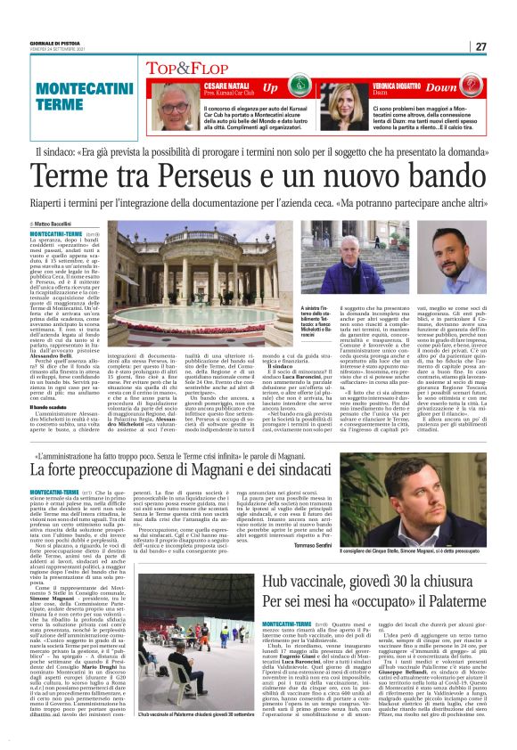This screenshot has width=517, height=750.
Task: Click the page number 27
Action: (x=480, y=46)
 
